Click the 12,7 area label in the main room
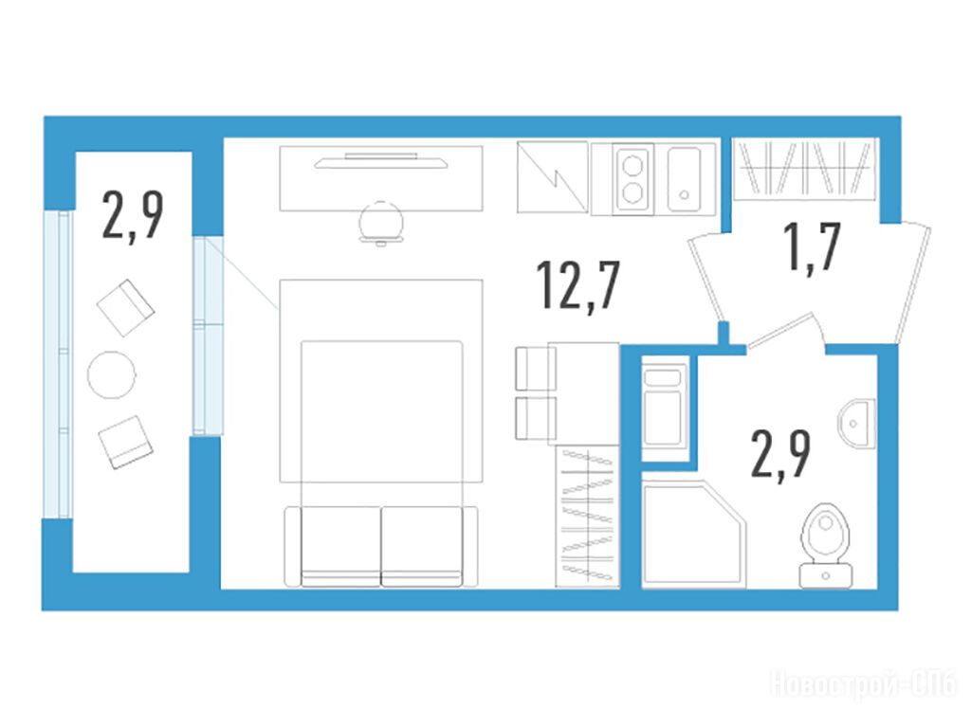pyautogui.click(x=577, y=285)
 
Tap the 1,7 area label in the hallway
pyautogui.click(x=812, y=247)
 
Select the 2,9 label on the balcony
pyautogui.click(x=133, y=215)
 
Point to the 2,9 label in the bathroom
pyautogui.click(x=780, y=455)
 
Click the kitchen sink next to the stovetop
pyautogui.click(x=684, y=179)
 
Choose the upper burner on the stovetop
pyautogui.click(x=632, y=166)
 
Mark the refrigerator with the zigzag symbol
pyautogui.click(x=553, y=177)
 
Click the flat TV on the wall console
pyautogui.click(x=381, y=161)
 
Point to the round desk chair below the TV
pyautogui.click(x=381, y=223)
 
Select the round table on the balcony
pyautogui.click(x=112, y=374)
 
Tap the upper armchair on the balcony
pyautogui.click(x=126, y=308)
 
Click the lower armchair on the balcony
pyautogui.click(x=126, y=442)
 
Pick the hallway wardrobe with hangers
pyautogui.click(x=804, y=169)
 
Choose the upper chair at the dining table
pyautogui.click(x=536, y=369)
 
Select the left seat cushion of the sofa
pyautogui.click(x=340, y=546)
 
